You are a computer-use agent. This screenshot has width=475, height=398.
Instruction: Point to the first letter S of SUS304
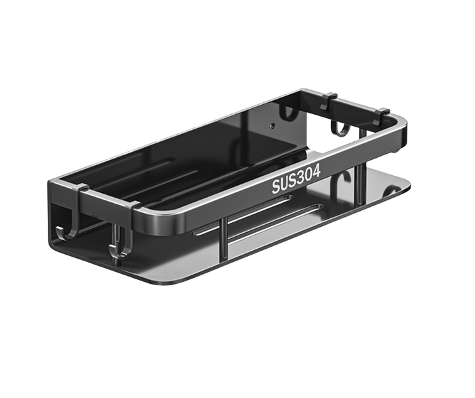(x=276, y=187)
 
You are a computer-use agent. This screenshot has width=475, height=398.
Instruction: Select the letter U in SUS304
(x=284, y=184)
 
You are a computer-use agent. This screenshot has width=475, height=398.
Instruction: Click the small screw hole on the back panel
(x=273, y=125)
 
